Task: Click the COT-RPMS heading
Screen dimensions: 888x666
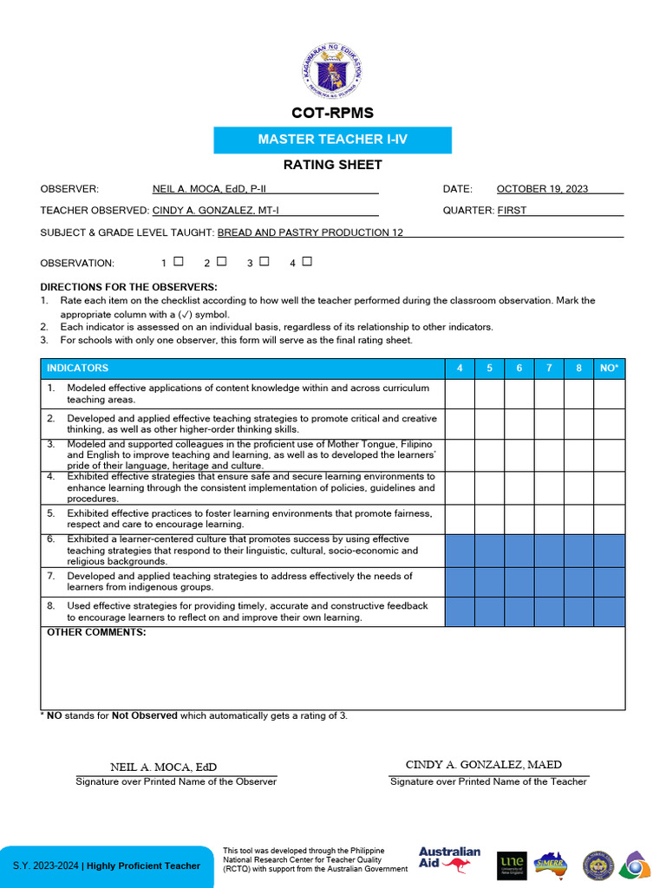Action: pos(333,114)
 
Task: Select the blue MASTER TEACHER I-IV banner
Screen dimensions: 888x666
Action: pos(333,140)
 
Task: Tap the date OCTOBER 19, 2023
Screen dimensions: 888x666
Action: pos(542,188)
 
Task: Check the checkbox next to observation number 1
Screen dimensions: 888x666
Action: pos(178,261)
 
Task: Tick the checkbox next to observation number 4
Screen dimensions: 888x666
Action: pos(307,261)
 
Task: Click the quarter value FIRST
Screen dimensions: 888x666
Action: pos(512,210)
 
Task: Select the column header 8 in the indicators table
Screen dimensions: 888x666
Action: pos(578,369)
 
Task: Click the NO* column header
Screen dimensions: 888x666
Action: pos(610,369)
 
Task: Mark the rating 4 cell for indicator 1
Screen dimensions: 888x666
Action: pos(460,394)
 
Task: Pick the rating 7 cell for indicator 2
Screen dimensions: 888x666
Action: pos(549,424)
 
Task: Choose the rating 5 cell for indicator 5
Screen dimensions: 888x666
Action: pos(489,519)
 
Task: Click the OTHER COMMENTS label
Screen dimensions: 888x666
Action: pos(96,632)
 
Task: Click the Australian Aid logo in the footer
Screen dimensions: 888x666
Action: pos(449,861)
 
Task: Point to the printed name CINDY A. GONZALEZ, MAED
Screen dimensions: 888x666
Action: pos(483,765)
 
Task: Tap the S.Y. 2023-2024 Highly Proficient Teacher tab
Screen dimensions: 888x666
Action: pos(106,865)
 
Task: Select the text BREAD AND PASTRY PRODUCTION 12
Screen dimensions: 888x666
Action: pos(310,232)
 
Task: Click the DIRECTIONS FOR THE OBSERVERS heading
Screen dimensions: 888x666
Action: pos(128,287)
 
